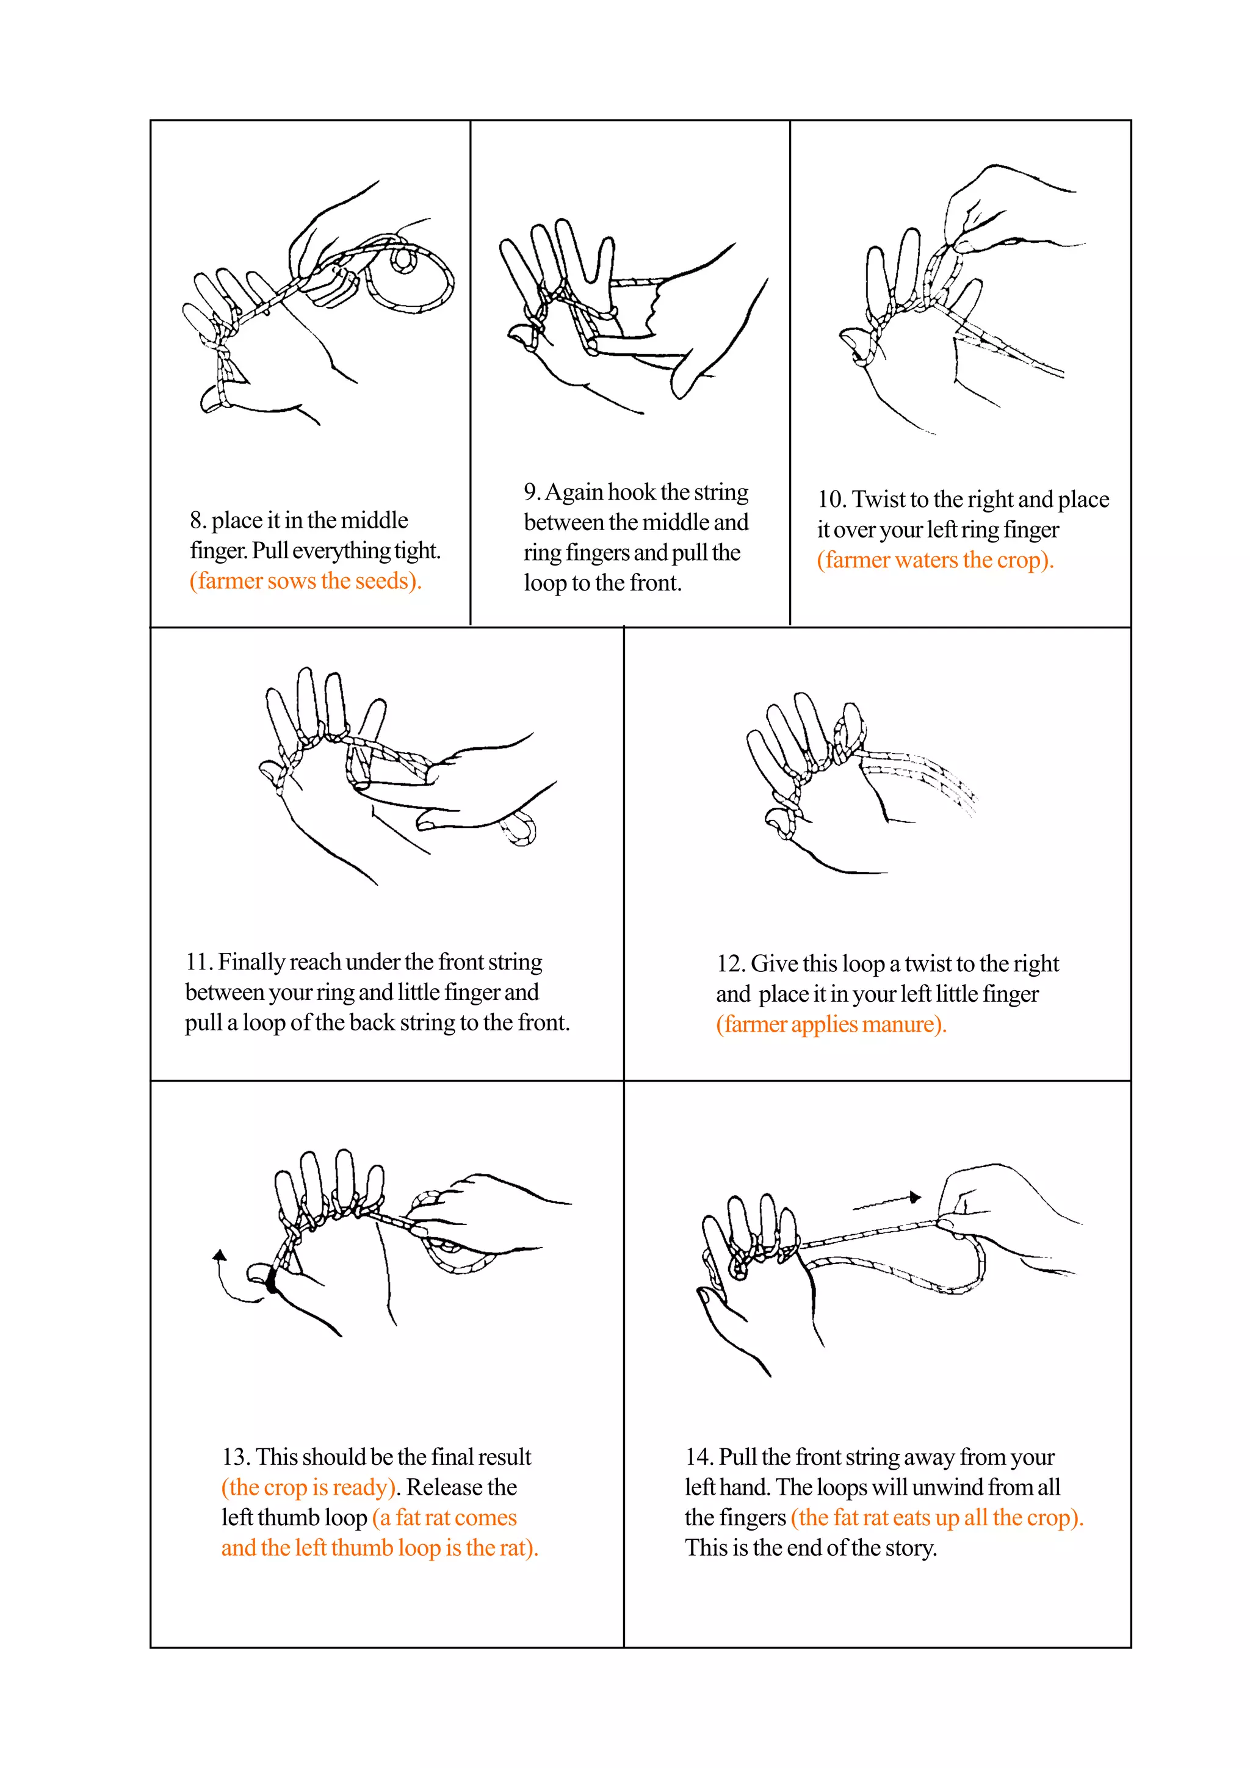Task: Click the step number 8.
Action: pos(197,520)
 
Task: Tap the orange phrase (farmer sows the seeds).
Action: pos(305,581)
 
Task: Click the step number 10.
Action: pos(832,500)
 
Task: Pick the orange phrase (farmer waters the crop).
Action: pos(934,560)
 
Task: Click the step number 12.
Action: pos(729,964)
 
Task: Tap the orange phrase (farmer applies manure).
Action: pos(830,1024)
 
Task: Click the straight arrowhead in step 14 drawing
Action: pos(914,1196)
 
